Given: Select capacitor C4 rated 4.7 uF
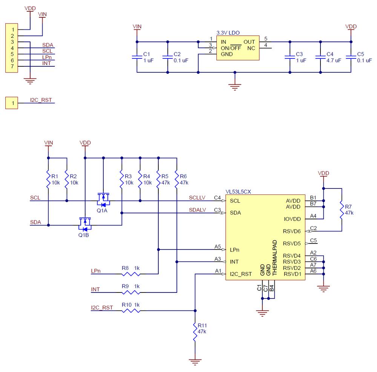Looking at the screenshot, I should coord(320,57).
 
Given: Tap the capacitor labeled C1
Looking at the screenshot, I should coord(137,57).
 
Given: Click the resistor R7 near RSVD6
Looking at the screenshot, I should coord(342,210).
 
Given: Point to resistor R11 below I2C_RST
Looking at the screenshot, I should coord(195,332).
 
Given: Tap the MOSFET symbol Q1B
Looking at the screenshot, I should coord(85,224).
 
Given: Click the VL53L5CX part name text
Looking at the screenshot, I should coord(239,191).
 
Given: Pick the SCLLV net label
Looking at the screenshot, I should coord(197,197).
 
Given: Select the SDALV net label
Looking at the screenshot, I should coord(197,210).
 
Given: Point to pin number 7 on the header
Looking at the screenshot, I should coord(12,66).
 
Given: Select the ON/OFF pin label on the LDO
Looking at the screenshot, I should coord(231,48).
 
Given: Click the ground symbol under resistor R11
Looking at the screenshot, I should coord(195,362).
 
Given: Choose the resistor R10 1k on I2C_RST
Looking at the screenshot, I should coord(131,311).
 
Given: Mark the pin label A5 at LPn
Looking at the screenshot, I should coord(218,246).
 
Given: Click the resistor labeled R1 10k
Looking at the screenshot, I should coord(48,180).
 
